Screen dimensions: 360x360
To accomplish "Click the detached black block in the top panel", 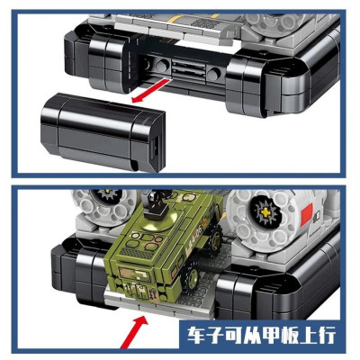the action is click(x=103, y=132).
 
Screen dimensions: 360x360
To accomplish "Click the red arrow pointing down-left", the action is click(x=149, y=91).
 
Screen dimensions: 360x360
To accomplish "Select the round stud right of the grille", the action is click(x=214, y=73).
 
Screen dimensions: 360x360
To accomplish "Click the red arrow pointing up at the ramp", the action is click(x=134, y=332).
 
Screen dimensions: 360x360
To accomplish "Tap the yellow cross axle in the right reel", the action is click(x=265, y=212).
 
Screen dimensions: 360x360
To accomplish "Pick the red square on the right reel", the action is click(x=306, y=214).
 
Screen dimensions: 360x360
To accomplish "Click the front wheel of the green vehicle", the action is click(x=193, y=274).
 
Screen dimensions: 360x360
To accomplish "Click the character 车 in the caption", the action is click(x=196, y=336).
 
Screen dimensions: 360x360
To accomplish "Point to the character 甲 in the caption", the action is click(x=270, y=336).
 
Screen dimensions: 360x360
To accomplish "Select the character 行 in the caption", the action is click(x=327, y=336).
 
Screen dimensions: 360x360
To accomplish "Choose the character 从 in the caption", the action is click(x=251, y=336).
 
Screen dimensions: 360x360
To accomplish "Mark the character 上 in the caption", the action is click(x=308, y=336).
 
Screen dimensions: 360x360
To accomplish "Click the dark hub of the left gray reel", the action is click(x=107, y=196).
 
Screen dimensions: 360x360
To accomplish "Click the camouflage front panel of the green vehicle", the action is click(x=134, y=274).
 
